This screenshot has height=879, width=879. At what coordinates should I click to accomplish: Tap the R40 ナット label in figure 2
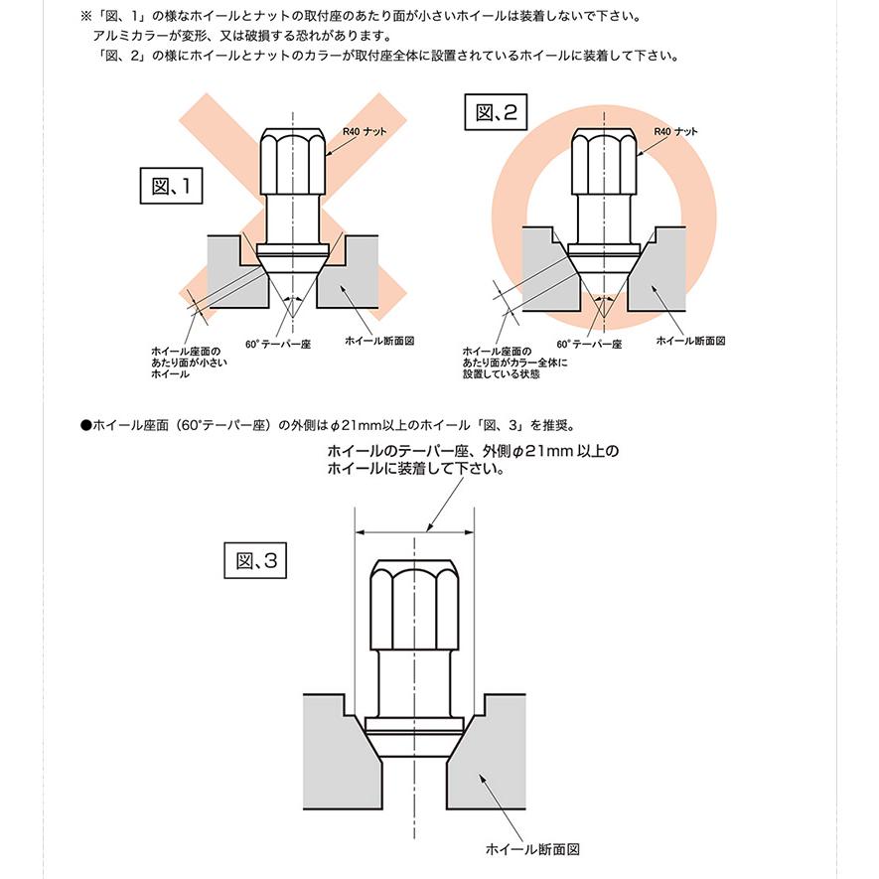click(675, 131)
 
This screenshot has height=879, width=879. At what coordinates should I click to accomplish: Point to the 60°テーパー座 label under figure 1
click(279, 344)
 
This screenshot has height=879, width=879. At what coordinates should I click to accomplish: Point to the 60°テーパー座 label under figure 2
click(591, 344)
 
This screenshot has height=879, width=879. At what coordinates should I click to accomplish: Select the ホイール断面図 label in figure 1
click(378, 340)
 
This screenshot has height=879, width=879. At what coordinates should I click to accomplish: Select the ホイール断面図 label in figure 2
click(691, 340)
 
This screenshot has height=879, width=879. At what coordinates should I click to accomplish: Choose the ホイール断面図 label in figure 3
click(531, 850)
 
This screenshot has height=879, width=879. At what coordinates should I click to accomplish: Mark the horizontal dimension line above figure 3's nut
click(414, 530)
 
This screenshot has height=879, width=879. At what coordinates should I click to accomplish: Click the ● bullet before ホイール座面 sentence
click(85, 424)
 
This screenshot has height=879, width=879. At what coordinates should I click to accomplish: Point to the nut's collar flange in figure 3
click(414, 726)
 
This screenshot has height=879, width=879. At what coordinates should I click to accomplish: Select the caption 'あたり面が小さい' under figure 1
click(189, 364)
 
